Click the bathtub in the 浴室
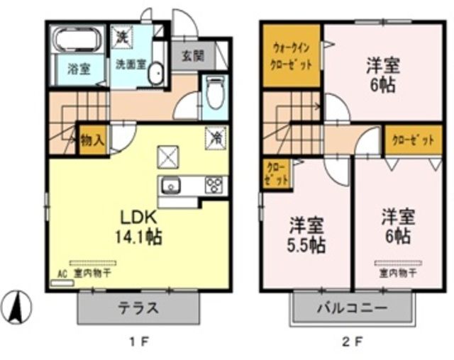(79, 39)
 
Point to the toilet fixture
(214, 92)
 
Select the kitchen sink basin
(171, 186)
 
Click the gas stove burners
(214, 186)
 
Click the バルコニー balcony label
(351, 309)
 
